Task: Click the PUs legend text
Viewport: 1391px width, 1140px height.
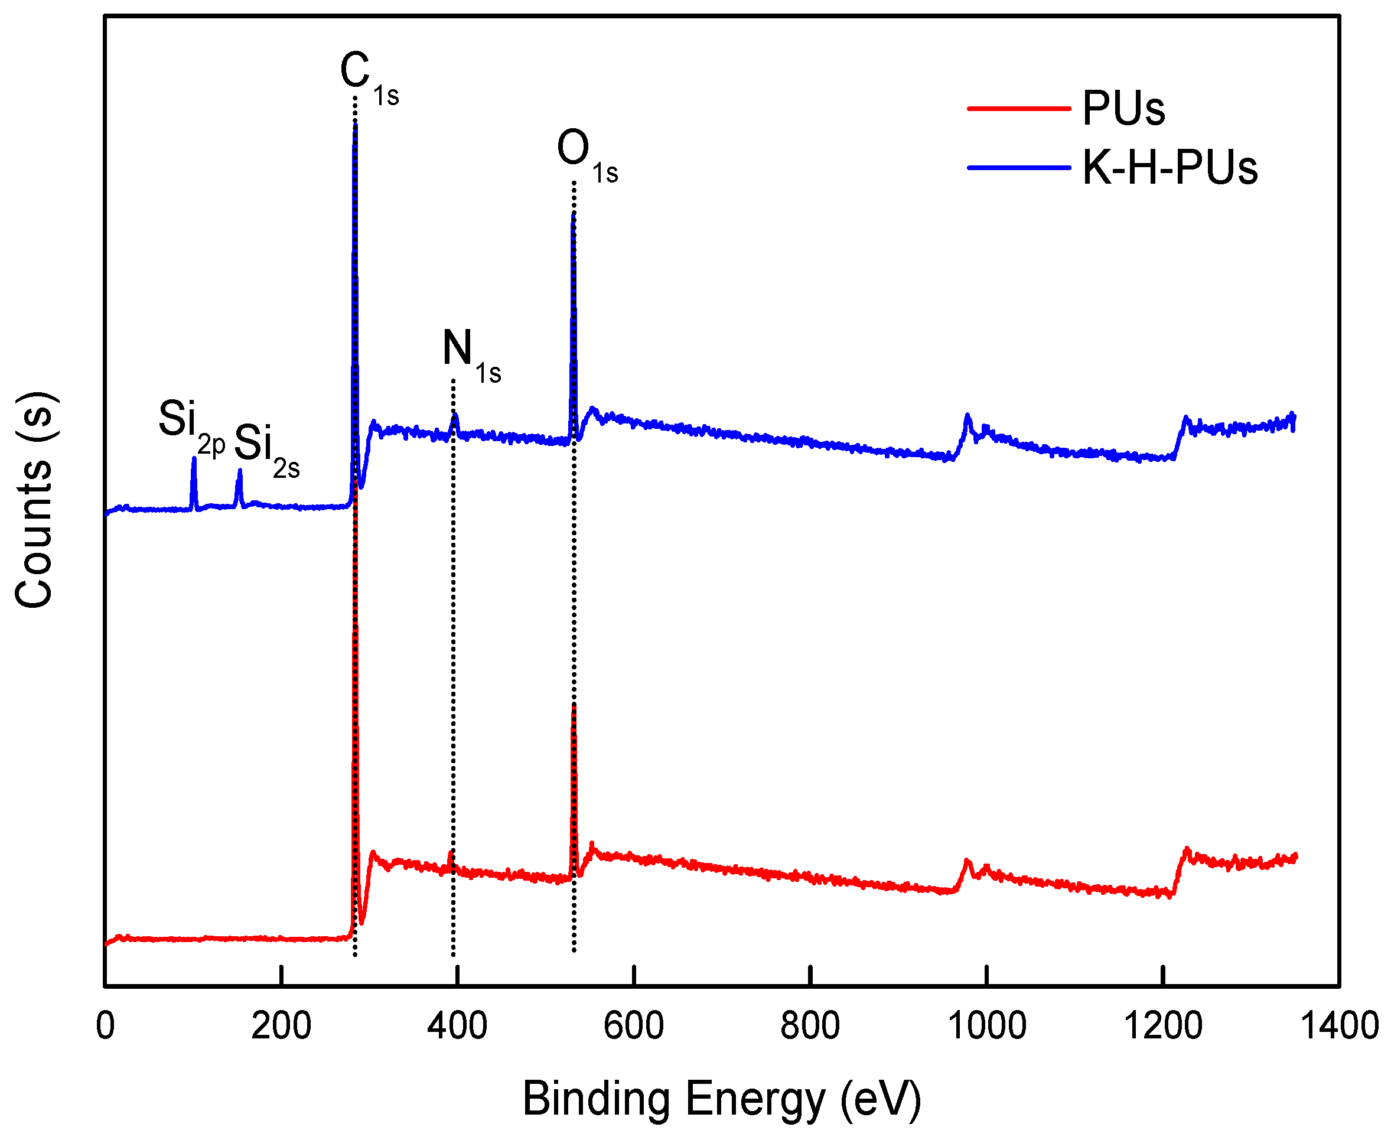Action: pos(1123,108)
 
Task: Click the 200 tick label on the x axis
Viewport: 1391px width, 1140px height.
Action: pos(281,1026)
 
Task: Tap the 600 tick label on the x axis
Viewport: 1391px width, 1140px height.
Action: pos(633,1026)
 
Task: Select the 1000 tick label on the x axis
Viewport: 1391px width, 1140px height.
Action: pos(986,1026)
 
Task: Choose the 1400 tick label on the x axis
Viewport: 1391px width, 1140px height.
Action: pos(1339,1026)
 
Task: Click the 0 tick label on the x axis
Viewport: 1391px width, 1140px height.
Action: pos(105,1026)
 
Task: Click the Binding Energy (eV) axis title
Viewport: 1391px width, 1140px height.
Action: pos(721,1098)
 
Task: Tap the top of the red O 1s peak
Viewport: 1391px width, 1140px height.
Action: pos(574,705)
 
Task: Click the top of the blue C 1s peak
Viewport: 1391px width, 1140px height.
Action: pos(356,123)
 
